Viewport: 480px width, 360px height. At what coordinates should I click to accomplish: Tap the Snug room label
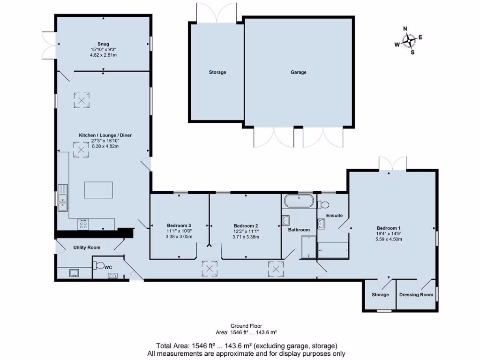[104, 44]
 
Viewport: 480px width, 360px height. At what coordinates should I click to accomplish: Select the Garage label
[298, 72]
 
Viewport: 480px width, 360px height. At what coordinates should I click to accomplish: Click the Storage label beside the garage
[217, 72]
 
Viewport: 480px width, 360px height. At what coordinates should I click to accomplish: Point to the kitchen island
[98, 190]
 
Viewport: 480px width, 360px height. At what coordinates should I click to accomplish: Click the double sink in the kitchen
[63, 198]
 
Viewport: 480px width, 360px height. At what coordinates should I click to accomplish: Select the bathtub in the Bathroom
[299, 201]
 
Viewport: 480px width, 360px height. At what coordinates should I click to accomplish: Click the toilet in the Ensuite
[323, 204]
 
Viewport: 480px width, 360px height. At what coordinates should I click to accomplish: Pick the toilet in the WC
[99, 265]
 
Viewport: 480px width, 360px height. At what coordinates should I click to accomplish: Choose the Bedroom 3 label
[179, 225]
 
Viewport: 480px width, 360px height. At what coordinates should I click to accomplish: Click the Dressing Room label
[416, 295]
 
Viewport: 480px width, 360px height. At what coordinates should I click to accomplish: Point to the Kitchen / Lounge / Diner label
[105, 135]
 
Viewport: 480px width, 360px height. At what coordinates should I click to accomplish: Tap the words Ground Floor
[246, 326]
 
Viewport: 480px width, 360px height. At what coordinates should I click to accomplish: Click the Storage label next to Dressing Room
[380, 295]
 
